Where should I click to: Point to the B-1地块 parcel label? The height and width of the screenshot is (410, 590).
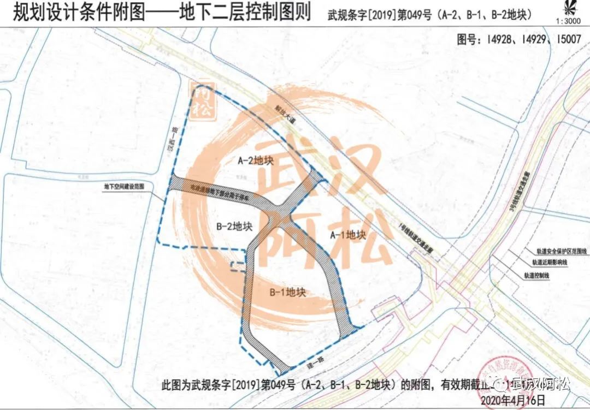[x=287, y=292]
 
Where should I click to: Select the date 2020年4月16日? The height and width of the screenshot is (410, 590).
[x=513, y=400]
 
